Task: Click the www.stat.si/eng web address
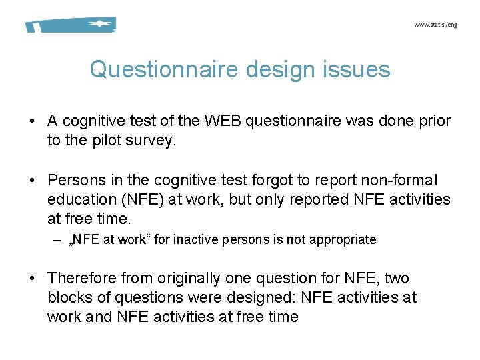tap(435, 24)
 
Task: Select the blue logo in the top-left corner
tap(71, 25)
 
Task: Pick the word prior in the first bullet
tap(431, 121)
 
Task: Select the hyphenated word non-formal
tap(399, 180)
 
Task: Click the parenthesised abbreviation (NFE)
tap(141, 199)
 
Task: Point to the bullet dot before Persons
tap(32, 181)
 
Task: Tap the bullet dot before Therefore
tap(32, 278)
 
